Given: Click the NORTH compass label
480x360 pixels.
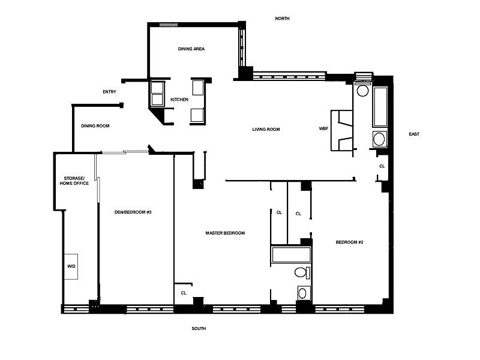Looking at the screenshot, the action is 282,19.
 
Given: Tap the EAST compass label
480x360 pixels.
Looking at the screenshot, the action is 414,134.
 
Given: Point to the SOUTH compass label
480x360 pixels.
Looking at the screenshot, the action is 199,328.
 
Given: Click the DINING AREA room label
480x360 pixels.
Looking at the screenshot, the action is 191,49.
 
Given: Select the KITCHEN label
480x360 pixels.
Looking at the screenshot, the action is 179,100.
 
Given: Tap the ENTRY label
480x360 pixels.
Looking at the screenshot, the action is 109,92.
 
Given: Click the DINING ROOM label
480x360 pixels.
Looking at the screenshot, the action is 95,126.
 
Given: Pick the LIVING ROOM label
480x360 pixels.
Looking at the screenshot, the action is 266,130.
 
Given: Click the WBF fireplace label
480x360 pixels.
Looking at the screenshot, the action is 323,128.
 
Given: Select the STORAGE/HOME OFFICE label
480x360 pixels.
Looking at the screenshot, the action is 74,181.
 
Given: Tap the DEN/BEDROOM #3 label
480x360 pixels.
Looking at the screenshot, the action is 133,212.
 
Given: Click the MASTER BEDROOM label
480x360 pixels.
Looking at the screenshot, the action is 225,233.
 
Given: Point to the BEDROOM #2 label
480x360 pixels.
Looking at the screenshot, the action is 349,242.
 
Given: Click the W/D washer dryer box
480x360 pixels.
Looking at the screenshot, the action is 71,266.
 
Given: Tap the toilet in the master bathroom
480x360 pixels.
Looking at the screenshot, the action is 302,272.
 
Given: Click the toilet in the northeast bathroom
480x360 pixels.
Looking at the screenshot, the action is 363,89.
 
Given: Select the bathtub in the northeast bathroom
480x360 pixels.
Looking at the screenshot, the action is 380,107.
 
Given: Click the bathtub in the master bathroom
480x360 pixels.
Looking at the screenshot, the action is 291,254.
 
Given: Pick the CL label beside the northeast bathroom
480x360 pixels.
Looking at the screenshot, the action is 382,166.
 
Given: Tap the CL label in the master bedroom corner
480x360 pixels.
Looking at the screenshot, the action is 184,293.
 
